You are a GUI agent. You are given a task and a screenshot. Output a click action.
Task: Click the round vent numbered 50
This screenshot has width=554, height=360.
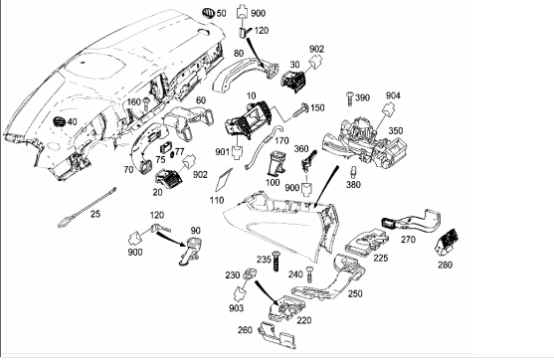click(x=209, y=13)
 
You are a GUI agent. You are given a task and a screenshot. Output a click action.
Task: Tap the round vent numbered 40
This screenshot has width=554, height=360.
click(x=60, y=121)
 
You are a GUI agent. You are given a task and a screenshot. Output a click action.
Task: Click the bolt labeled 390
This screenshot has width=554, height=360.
click(x=350, y=97)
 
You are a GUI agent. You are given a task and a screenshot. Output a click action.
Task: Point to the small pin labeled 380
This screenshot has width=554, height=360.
click(x=353, y=172)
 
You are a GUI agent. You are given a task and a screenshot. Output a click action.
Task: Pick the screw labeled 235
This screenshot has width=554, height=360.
click(x=276, y=261)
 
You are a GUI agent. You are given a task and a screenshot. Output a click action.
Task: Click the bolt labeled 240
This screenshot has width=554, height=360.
click(x=309, y=274)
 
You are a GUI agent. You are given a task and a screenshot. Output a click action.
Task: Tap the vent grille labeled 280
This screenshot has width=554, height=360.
click(x=447, y=242)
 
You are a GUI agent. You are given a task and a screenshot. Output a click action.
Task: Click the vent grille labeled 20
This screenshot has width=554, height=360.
click(x=168, y=177)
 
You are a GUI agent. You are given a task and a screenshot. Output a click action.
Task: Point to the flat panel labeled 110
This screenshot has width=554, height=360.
click(x=224, y=179)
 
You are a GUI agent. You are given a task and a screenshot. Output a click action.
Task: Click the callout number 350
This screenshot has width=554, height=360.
click(x=396, y=130)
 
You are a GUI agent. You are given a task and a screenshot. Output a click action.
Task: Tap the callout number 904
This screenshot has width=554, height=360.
click(x=393, y=95)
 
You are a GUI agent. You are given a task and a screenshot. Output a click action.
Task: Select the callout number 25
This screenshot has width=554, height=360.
click(x=95, y=214)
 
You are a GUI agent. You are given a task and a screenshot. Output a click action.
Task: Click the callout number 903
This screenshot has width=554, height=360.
click(x=236, y=308)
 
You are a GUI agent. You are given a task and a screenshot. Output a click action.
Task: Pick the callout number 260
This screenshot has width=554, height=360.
click(x=245, y=329)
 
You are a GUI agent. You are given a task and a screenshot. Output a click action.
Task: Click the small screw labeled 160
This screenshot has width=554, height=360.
click(x=146, y=104)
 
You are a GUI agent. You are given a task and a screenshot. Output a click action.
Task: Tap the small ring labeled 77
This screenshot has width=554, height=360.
click(x=172, y=155)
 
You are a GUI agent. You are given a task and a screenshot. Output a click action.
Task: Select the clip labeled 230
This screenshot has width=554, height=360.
click(x=250, y=274)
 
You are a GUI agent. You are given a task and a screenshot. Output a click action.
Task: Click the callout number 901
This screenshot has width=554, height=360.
click(x=223, y=151)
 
